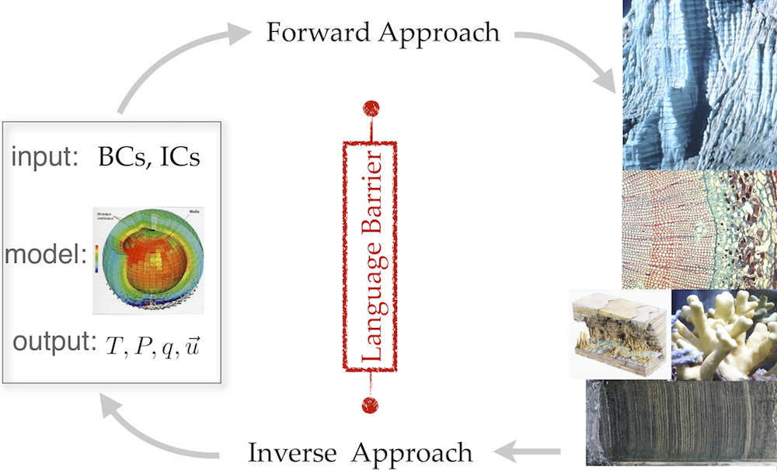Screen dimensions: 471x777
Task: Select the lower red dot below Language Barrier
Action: pos(370,404)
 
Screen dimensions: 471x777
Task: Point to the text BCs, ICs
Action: pos(148,158)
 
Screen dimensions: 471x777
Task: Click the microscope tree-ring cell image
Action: pos(699,229)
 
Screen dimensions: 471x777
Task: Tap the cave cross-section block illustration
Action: pos(619,334)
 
